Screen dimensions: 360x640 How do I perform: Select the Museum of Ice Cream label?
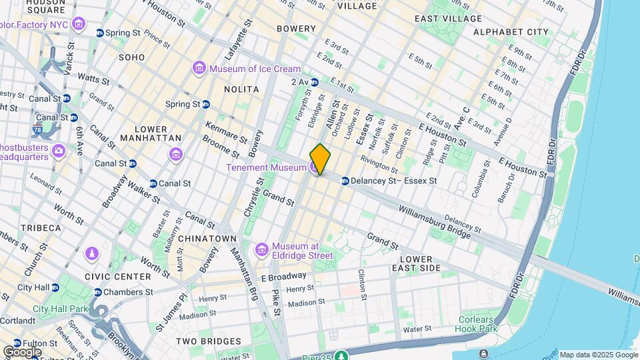click(x=255, y=69)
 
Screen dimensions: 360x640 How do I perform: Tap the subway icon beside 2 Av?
click(x=315, y=82)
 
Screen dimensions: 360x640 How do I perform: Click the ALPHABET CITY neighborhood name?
click(x=511, y=32)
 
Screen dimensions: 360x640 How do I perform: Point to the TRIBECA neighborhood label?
click(x=40, y=228)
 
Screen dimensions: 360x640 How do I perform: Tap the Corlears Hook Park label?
click(x=477, y=324)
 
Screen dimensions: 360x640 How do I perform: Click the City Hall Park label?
click(x=60, y=309)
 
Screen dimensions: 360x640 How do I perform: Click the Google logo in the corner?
click(x=23, y=352)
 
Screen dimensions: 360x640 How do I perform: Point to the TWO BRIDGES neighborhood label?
click(x=208, y=341)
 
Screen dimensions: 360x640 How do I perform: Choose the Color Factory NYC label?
click(x=37, y=25)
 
